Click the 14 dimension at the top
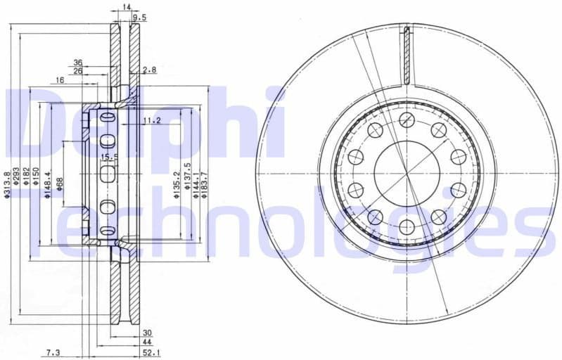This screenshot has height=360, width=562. tap(127, 6)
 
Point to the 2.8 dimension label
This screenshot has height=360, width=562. tap(149, 70)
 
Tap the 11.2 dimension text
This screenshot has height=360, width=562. tap(151, 121)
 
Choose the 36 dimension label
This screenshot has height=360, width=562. tap(78, 62)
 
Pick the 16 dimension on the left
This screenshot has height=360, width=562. tap(60, 81)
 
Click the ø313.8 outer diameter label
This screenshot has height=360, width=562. tap(7, 184)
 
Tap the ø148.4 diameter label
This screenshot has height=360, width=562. tap(49, 184)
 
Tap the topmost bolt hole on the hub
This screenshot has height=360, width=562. tap(407, 120)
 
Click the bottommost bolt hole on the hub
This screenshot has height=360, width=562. tap(407, 226)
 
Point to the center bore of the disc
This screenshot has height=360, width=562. tap(407, 173)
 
